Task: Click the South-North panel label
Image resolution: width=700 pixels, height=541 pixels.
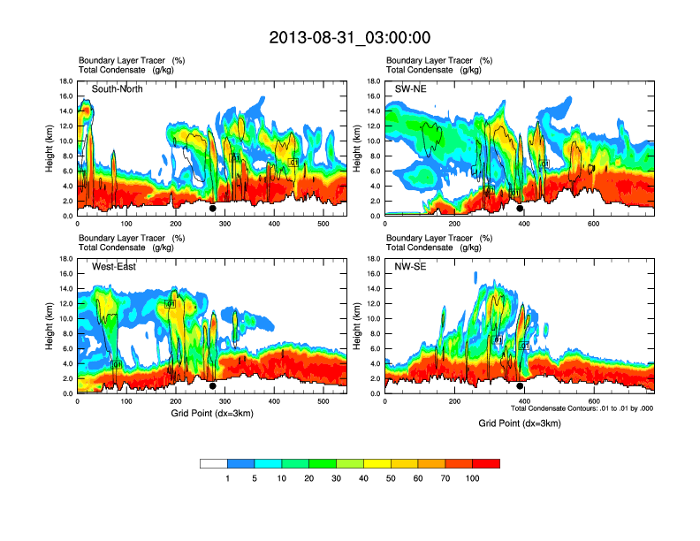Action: pos(118,89)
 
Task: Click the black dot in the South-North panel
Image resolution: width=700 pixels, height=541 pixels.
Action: pos(212,209)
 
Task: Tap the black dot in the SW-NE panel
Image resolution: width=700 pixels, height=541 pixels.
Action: pos(520,209)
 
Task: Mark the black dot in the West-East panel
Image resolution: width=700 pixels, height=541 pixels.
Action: pos(212,386)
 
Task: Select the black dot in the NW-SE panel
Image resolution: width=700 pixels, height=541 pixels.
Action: pos(520,386)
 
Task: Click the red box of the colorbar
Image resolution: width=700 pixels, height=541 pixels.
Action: pos(486,463)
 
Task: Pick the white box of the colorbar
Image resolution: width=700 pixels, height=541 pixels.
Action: pos(214,463)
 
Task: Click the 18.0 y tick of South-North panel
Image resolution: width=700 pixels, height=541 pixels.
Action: pos(65,81)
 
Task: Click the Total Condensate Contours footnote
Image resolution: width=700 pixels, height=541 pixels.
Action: pos(582,408)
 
